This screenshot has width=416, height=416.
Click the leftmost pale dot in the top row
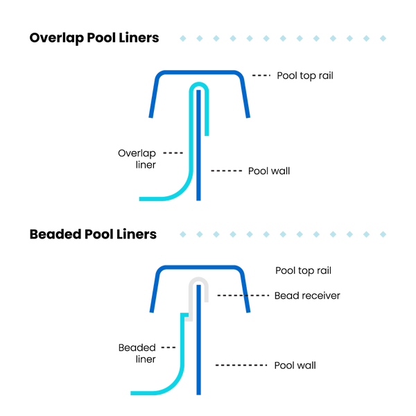(183, 38)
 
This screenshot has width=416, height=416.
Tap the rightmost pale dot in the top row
(383, 38)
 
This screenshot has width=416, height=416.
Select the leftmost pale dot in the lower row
(183, 234)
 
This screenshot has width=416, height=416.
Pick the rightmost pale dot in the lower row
(383, 234)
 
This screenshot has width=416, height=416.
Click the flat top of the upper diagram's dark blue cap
(199, 72)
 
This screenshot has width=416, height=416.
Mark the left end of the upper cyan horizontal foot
(140, 199)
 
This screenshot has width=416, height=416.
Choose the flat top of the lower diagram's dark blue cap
(199, 268)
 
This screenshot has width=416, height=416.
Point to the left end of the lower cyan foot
(132, 393)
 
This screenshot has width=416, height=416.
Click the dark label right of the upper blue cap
(261, 75)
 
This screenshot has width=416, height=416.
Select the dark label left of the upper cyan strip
(173, 153)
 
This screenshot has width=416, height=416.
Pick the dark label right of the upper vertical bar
(227, 171)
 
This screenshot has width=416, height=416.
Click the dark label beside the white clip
(243, 295)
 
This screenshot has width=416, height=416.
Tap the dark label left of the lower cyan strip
(168, 347)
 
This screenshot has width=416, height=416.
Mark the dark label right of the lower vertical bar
(241, 365)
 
